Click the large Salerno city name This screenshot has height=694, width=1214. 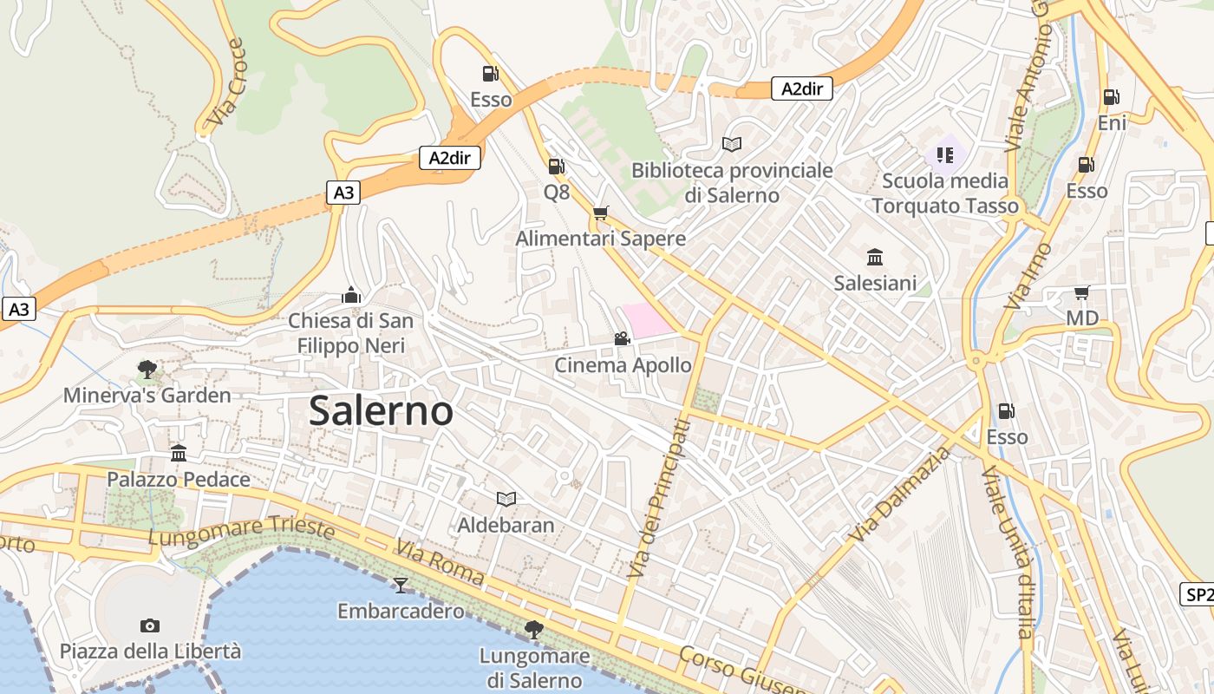coord(381,410)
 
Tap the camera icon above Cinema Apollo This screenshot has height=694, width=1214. coord(622,338)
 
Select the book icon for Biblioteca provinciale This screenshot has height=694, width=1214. coord(732,144)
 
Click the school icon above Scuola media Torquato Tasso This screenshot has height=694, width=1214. coord(945,155)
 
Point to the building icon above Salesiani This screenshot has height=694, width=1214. coord(875,258)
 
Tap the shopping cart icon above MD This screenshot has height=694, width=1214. coord(1081,292)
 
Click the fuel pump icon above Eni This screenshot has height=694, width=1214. coord(1111,97)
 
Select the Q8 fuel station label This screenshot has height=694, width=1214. coord(557,192)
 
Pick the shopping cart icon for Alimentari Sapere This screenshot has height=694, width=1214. coord(600,213)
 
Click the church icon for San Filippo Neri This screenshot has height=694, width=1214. coord(351,295)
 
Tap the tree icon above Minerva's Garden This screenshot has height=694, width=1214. coord(147,370)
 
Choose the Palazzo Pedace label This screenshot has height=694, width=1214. coord(179,479)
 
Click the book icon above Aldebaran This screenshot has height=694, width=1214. coord(506,499)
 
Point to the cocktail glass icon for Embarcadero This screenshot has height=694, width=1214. coord(400,585)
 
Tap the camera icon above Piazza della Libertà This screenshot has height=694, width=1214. coord(150,625)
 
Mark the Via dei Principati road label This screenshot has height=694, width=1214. coord(658,499)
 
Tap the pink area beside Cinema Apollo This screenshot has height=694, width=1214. coord(646,319)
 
